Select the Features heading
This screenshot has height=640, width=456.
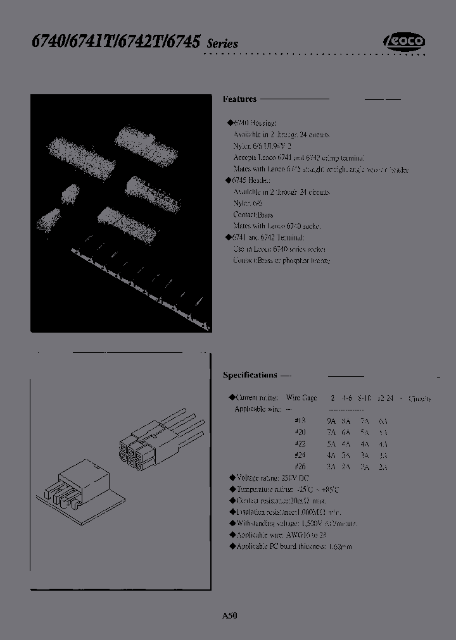[x=240, y=99]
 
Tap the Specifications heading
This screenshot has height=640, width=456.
[x=250, y=375]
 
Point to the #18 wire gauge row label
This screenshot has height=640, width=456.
[x=300, y=421]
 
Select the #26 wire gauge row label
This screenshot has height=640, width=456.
[x=300, y=467]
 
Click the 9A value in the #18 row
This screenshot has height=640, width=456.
[x=331, y=421]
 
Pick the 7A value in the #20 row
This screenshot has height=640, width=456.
[x=331, y=433]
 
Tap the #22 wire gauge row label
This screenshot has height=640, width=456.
[x=300, y=444]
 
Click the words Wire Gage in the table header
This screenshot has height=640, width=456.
[x=301, y=398]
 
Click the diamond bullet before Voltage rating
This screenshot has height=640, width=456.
[x=231, y=478]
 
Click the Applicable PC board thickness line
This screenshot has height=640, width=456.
[x=293, y=546]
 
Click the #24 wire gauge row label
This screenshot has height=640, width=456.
[x=300, y=455]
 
